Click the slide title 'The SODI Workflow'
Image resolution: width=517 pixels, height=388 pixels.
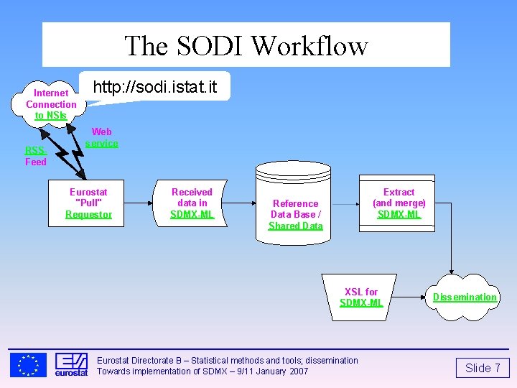(x=246, y=45)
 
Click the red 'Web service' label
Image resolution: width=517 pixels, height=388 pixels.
(x=101, y=137)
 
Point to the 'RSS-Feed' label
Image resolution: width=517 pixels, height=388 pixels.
(x=36, y=156)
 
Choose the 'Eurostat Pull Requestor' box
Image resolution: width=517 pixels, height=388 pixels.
(x=88, y=203)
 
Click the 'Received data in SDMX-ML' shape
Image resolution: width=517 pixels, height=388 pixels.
(x=192, y=203)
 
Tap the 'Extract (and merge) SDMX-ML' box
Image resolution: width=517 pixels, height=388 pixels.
(x=399, y=203)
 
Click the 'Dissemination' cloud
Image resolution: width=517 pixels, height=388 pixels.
(x=464, y=297)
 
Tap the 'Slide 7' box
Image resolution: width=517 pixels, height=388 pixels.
(x=483, y=369)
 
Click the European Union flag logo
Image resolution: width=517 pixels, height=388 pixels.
(x=29, y=364)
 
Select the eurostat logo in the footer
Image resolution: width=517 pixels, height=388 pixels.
(x=71, y=364)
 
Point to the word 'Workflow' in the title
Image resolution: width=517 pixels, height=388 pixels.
(x=310, y=45)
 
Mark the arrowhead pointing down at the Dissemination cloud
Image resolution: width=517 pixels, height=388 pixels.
(x=451, y=270)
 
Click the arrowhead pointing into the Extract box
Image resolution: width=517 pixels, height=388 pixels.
(x=358, y=203)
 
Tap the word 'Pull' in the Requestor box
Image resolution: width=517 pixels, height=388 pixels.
(x=88, y=203)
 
